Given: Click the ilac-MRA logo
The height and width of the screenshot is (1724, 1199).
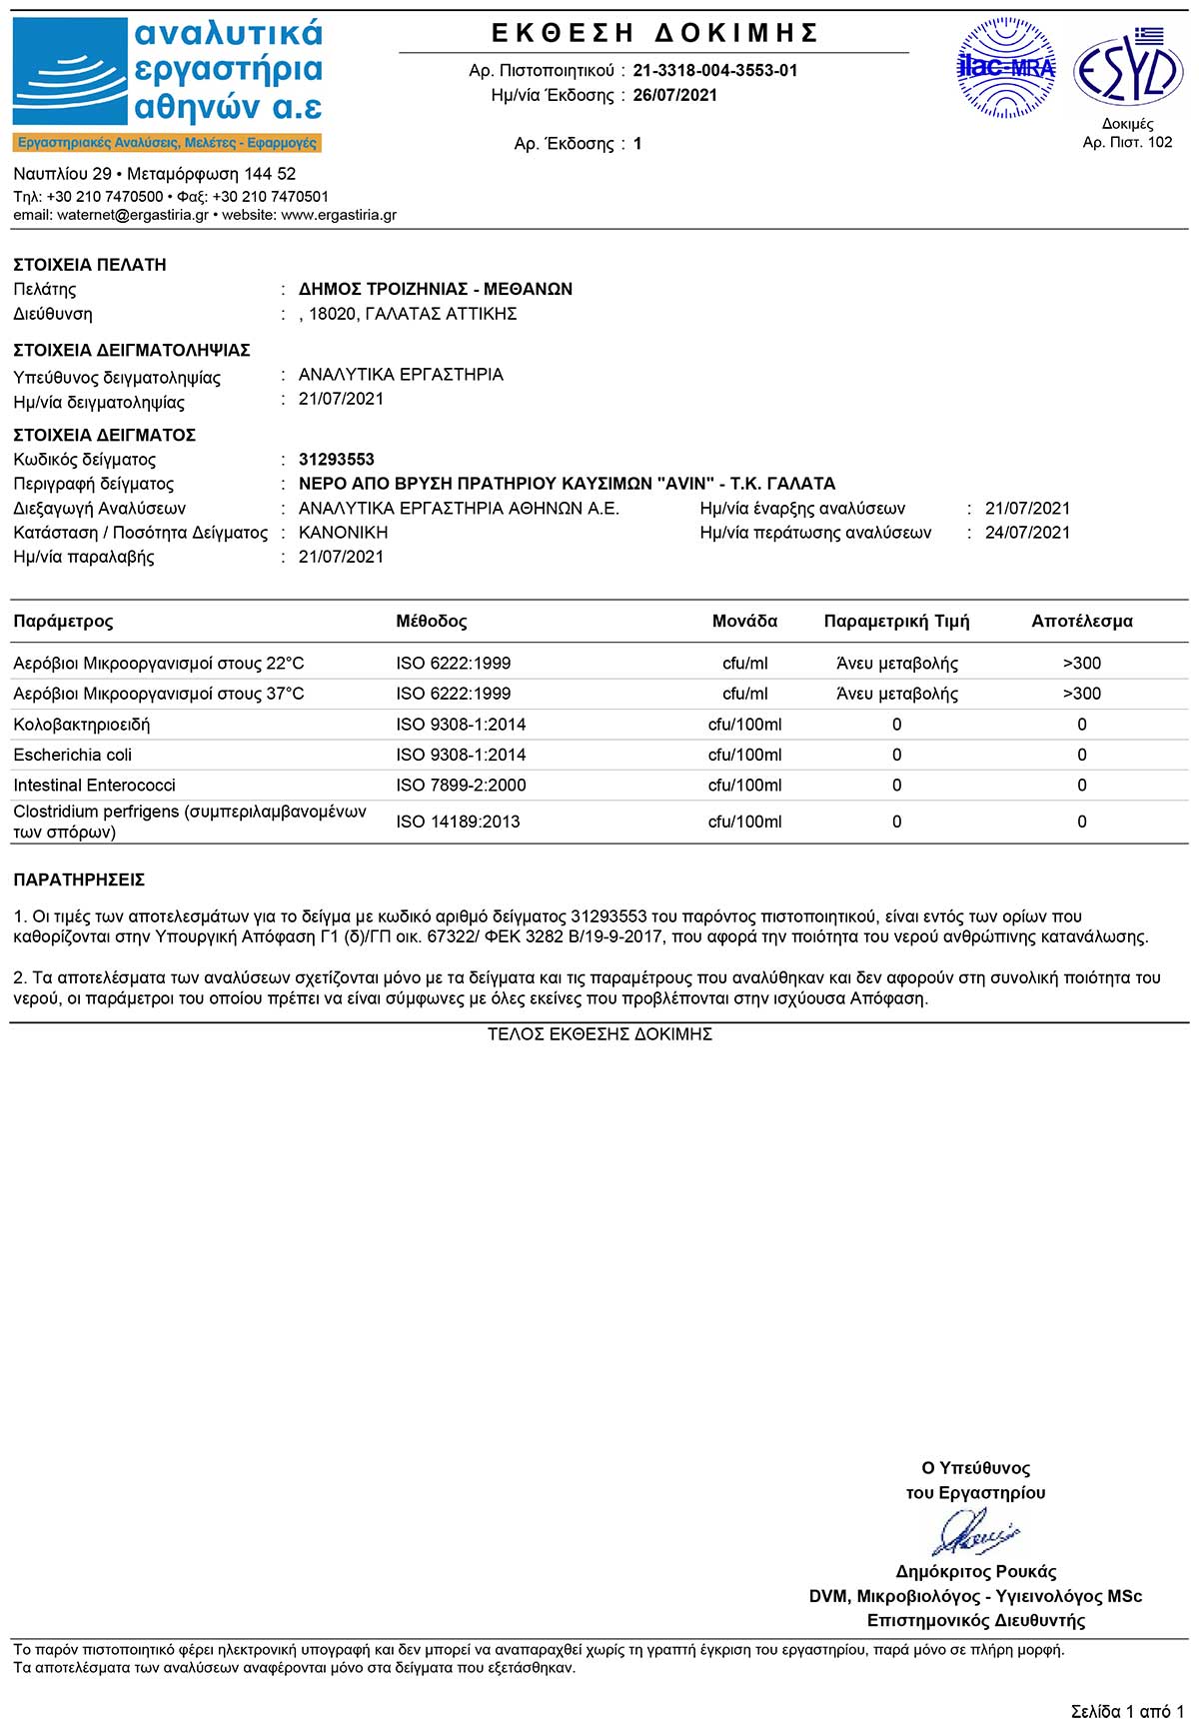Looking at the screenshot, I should click(1005, 69).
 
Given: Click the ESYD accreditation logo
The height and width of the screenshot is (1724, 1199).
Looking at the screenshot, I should click(1127, 68).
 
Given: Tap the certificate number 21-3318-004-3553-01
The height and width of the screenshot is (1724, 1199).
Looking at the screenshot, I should click(715, 71).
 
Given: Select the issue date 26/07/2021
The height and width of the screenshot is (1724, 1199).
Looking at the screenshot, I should click(674, 96).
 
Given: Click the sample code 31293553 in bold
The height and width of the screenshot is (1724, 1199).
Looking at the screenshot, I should click(337, 460).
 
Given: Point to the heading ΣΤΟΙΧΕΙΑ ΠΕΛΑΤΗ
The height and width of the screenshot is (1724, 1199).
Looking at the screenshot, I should click(90, 265).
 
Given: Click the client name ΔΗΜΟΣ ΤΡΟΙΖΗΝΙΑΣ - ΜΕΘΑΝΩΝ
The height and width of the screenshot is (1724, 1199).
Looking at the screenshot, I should click(436, 289).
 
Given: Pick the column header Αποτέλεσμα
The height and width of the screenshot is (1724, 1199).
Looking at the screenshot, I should click(1082, 622).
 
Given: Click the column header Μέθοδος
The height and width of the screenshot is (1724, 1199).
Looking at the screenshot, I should click(432, 622).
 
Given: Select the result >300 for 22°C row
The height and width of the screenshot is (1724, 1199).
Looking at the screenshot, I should click(1082, 664).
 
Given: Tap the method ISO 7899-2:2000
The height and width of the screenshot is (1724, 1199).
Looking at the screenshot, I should click(461, 786).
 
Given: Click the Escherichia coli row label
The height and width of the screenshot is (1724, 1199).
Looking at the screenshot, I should click(73, 755).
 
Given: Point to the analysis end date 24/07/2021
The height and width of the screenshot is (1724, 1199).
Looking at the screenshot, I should click(1027, 533).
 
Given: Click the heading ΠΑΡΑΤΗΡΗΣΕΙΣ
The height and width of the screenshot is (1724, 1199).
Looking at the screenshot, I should click(79, 880).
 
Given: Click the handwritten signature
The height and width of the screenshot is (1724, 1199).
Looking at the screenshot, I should click(974, 1531).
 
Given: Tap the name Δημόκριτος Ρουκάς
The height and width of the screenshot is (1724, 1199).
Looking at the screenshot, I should click(976, 1571).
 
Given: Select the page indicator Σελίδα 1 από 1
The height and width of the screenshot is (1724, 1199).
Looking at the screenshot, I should click(1127, 1712).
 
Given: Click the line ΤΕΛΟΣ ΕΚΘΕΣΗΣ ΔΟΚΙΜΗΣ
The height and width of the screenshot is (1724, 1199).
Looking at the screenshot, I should click(599, 1034).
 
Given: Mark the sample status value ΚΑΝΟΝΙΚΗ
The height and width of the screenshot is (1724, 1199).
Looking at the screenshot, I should click(343, 533).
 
